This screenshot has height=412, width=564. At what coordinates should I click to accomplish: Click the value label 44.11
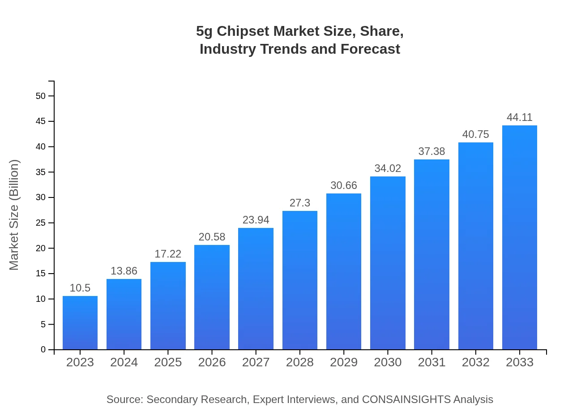(520, 117)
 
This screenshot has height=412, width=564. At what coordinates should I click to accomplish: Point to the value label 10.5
(80, 288)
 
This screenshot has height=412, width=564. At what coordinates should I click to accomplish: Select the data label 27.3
(300, 203)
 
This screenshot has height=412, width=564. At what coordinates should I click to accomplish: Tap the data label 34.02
(388, 168)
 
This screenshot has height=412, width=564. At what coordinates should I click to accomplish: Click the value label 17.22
(168, 254)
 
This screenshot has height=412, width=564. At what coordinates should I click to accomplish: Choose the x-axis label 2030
(388, 362)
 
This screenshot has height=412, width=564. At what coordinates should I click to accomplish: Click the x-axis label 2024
(124, 362)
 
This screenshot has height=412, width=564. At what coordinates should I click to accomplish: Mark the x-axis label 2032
(476, 362)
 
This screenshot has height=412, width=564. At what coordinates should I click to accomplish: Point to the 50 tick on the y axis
(41, 96)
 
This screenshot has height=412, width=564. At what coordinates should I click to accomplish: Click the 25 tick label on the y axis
(41, 223)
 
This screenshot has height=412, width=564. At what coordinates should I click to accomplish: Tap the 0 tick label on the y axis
(43, 349)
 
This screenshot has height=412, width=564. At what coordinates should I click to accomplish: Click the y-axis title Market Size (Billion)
(14, 215)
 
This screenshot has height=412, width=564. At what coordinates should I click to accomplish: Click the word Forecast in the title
(370, 49)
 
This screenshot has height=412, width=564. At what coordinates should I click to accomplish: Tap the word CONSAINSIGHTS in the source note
(406, 399)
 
